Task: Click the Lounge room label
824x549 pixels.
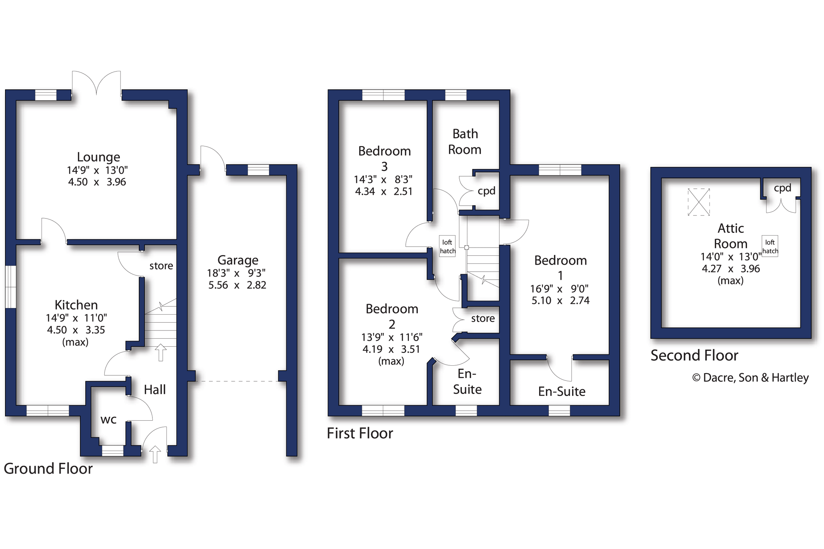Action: pos(98,157)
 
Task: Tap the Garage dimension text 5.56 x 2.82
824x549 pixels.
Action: pos(237,285)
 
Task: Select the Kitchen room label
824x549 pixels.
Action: pos(76,305)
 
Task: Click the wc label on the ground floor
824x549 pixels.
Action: pos(109,420)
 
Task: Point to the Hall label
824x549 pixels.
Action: pos(155,389)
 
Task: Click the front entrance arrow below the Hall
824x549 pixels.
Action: pos(155,454)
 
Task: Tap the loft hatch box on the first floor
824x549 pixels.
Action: pos(447,246)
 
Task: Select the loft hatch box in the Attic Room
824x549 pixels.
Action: pos(770,246)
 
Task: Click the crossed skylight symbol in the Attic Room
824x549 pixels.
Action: pos(699,202)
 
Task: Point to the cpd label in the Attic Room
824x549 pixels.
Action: pos(782,188)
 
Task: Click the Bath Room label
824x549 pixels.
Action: pos(465,141)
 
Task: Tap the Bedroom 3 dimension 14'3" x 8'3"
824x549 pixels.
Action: pos(383,179)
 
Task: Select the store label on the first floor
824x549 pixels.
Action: pos(483,318)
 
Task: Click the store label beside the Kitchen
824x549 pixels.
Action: pos(161,266)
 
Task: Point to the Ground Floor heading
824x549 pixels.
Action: pos(48,469)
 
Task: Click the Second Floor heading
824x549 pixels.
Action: pos(694,355)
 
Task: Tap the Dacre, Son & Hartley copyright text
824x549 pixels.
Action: pos(750,378)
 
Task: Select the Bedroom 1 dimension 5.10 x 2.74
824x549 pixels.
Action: pos(560,301)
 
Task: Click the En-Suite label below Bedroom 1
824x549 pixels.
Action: pos(562,391)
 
